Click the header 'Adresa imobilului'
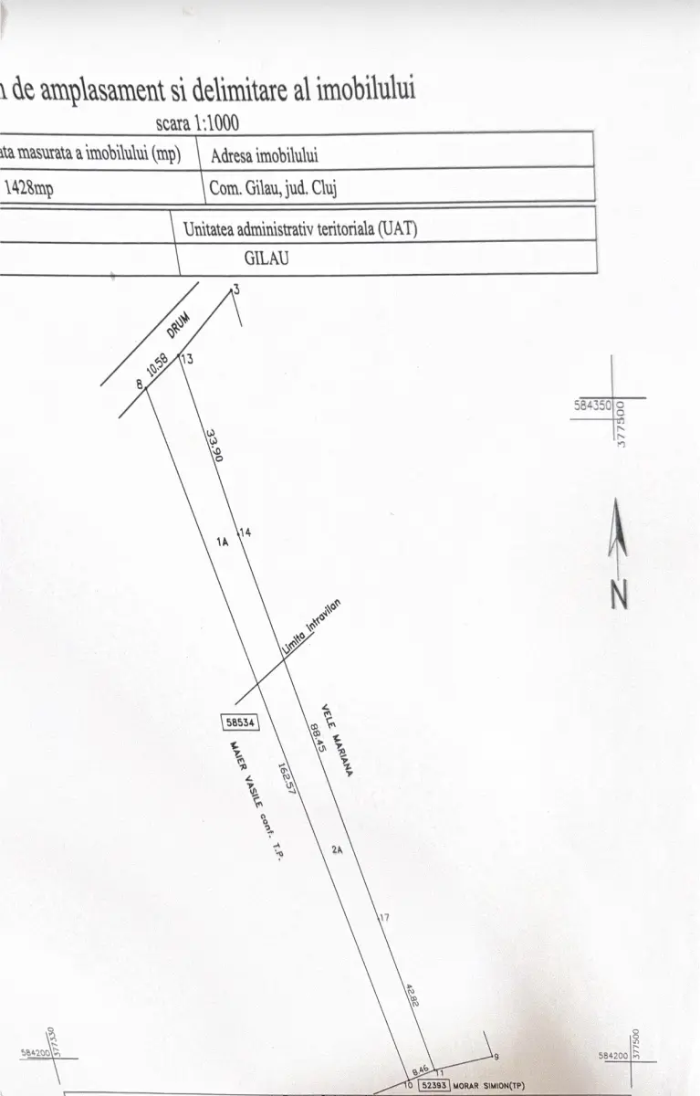point(265,155)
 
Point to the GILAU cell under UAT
point(267,258)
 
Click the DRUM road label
point(177,324)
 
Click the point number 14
point(245,532)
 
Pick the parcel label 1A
point(222,542)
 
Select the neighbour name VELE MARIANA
point(337,740)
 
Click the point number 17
point(384,917)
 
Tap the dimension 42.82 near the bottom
point(411,996)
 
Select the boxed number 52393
point(434,1086)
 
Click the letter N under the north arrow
point(620,595)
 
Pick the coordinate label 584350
point(591,402)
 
